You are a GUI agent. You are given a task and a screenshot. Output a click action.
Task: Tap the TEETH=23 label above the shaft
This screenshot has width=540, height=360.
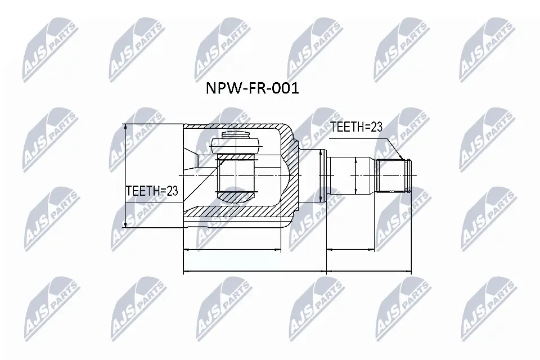coord(355,127)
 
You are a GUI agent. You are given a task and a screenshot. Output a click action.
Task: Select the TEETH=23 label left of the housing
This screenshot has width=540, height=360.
coord(151,191)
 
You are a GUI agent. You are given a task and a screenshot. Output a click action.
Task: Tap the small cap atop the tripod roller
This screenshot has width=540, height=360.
coord(236,136)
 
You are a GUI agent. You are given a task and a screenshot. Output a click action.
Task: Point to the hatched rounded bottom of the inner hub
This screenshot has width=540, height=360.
coord(236,196)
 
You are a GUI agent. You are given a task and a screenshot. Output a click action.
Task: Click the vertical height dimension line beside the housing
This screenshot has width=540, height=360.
coord(125,175)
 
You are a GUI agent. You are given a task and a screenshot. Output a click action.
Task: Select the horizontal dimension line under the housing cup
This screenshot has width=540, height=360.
coord(232,249)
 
